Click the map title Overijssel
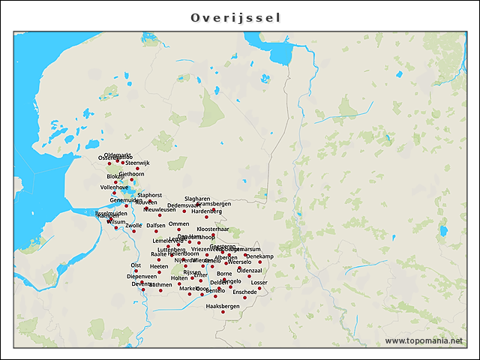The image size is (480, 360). pyautogui.click(x=235, y=17)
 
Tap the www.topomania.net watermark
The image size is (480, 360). pyautogui.click(x=424, y=341)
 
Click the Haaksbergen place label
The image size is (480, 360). pyautogui.click(x=222, y=306)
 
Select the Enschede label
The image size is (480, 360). pyautogui.click(x=244, y=292)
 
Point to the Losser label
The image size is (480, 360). pyautogui.click(x=259, y=283)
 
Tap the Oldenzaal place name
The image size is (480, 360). pyautogui.click(x=249, y=270)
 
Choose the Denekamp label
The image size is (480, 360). pyautogui.click(x=259, y=256)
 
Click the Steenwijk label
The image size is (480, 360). pyautogui.click(x=138, y=163)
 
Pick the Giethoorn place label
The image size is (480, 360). pyautogui.click(x=131, y=174)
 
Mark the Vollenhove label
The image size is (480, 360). pyautogui.click(x=114, y=187)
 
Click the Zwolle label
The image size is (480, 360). pyautogui.click(x=133, y=225)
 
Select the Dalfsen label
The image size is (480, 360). pyautogui.click(x=156, y=225)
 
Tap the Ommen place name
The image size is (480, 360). pyautogui.click(x=178, y=223)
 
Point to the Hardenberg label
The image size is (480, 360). pyautogui.click(x=206, y=211)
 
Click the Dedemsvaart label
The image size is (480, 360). pyautogui.click(x=183, y=205)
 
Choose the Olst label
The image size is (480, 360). pyautogui.click(x=136, y=265)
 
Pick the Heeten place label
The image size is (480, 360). pyautogui.click(x=159, y=266)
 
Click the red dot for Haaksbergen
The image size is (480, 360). pyautogui.click(x=223, y=312)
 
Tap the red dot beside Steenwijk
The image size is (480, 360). pyautogui.click(x=137, y=169)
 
